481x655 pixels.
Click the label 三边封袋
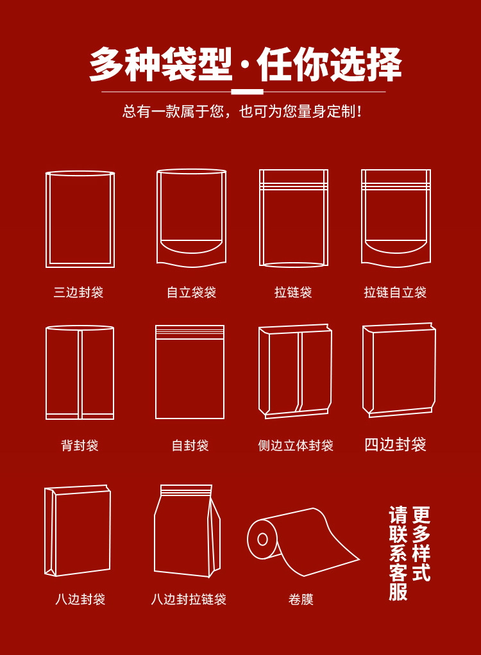coord(78,292)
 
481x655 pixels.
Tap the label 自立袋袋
coord(191,292)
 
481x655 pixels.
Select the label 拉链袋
coord(293,292)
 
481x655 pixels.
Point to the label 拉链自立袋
coord(395,292)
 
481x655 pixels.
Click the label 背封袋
coord(80,445)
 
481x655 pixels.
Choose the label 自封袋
coord(190,445)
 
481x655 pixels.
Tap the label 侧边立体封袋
coord(296,445)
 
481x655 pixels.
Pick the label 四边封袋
coord(395,445)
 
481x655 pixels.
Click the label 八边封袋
coord(80,599)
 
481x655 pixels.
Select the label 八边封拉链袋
coord(189,599)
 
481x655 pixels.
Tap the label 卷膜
coord(301,599)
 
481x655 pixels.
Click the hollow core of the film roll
coord(262,539)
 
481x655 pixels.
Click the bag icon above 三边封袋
coord(46,219)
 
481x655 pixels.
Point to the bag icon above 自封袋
coord(156,372)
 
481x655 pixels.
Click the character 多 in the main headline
coord(107,64)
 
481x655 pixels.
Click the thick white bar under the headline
coord(247,92)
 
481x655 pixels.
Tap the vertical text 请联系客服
coord(398,554)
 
